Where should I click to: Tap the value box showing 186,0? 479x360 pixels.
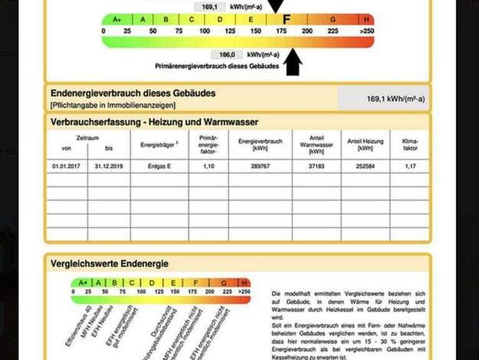[x=226, y=55]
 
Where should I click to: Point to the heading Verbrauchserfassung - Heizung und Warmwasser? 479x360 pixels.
[x=154, y=122]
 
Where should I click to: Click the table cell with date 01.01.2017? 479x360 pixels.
[x=66, y=165]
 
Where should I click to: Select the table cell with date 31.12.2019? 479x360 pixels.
[x=109, y=165]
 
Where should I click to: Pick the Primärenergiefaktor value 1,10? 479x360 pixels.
[x=208, y=165]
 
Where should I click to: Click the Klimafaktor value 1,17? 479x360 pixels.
[x=410, y=165]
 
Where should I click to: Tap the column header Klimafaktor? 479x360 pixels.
[x=410, y=144]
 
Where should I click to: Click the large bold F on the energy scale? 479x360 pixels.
[x=285, y=18]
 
